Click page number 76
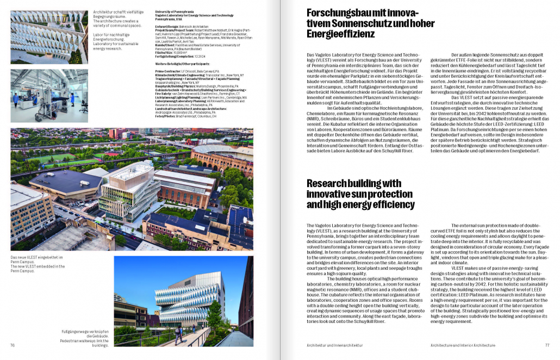click(13, 345)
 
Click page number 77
click(547, 345)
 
